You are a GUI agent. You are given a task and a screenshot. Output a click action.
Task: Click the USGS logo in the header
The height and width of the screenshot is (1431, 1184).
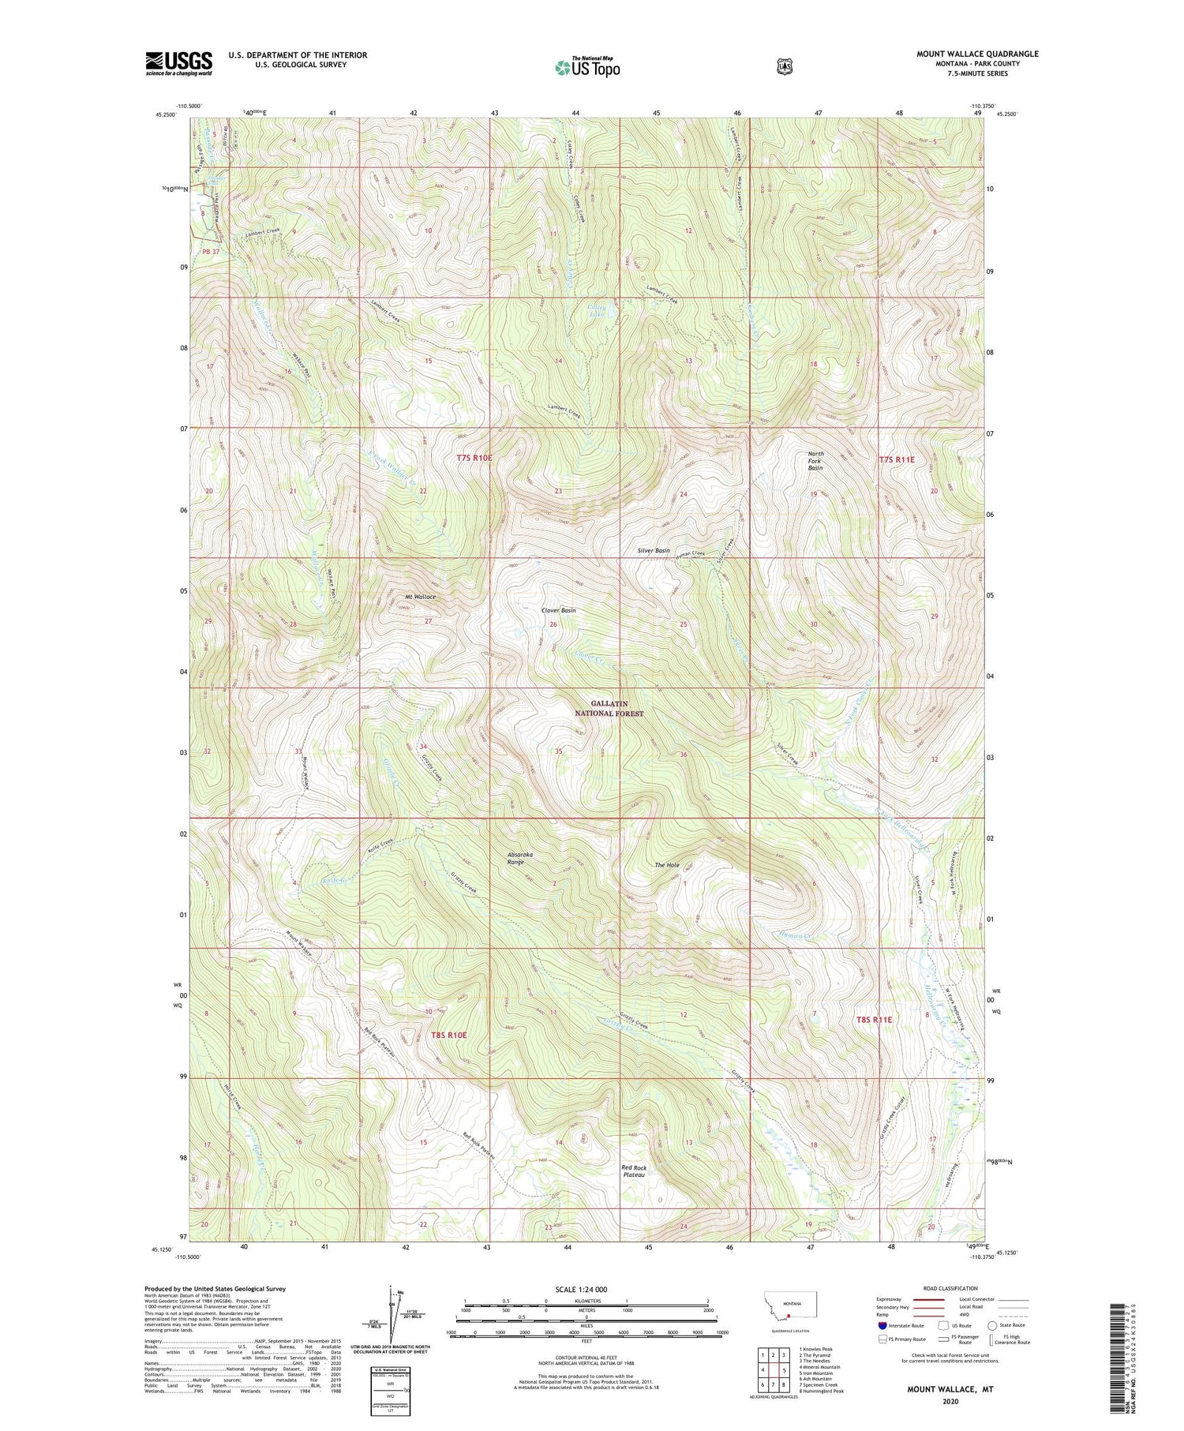click(178, 62)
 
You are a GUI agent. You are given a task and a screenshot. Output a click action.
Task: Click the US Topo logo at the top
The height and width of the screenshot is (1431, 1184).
click(587, 67)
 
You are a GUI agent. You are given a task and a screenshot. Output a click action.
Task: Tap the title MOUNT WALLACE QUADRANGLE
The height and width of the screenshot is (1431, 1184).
click(977, 54)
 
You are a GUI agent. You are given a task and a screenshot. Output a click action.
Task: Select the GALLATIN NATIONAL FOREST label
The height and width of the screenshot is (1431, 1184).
click(617, 708)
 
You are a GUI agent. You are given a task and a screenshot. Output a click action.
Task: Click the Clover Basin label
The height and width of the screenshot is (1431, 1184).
click(558, 610)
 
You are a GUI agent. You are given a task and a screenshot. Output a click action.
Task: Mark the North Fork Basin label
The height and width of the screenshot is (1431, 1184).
click(815, 461)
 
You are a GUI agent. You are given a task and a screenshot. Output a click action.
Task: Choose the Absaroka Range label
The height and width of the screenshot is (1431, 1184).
click(515, 858)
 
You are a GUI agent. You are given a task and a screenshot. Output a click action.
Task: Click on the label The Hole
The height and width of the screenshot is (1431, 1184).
click(667, 865)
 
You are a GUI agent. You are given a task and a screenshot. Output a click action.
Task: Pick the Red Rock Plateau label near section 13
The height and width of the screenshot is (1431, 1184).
click(634, 1171)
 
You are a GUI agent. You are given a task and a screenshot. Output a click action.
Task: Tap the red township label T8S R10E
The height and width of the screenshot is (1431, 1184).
click(449, 1035)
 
